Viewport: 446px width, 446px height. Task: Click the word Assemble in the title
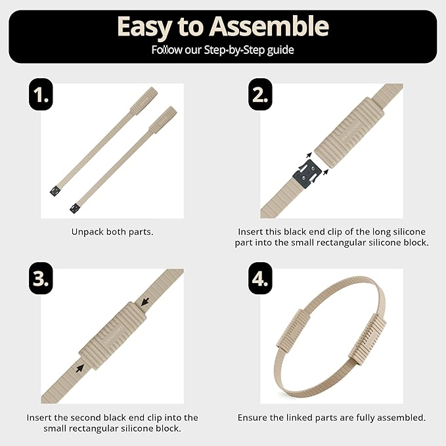pyautogui.click(x=269, y=26)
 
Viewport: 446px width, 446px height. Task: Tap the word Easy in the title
pyautogui.click(x=145, y=28)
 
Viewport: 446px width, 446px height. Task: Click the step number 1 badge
pyautogui.click(x=41, y=95)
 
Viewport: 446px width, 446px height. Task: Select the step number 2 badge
pyautogui.click(x=260, y=95)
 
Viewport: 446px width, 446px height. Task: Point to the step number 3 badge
pyautogui.click(x=41, y=279)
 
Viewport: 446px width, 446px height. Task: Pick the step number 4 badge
pyautogui.click(x=260, y=279)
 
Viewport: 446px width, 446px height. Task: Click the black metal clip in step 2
pyautogui.click(x=307, y=174)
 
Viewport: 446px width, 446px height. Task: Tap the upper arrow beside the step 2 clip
pyautogui.click(x=309, y=155)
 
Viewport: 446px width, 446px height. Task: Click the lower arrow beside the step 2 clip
pyautogui.click(x=326, y=172)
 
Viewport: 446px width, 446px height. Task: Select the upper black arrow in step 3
pyautogui.click(x=145, y=301)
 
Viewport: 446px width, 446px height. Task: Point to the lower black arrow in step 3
pyautogui.click(x=80, y=368)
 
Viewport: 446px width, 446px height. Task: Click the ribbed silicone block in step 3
pyautogui.click(x=112, y=336)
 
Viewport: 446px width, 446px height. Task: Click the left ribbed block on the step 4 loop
pyautogui.click(x=294, y=329)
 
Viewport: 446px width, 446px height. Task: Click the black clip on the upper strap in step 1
pyautogui.click(x=55, y=190)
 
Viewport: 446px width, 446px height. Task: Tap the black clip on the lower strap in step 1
pyautogui.click(x=75, y=208)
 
